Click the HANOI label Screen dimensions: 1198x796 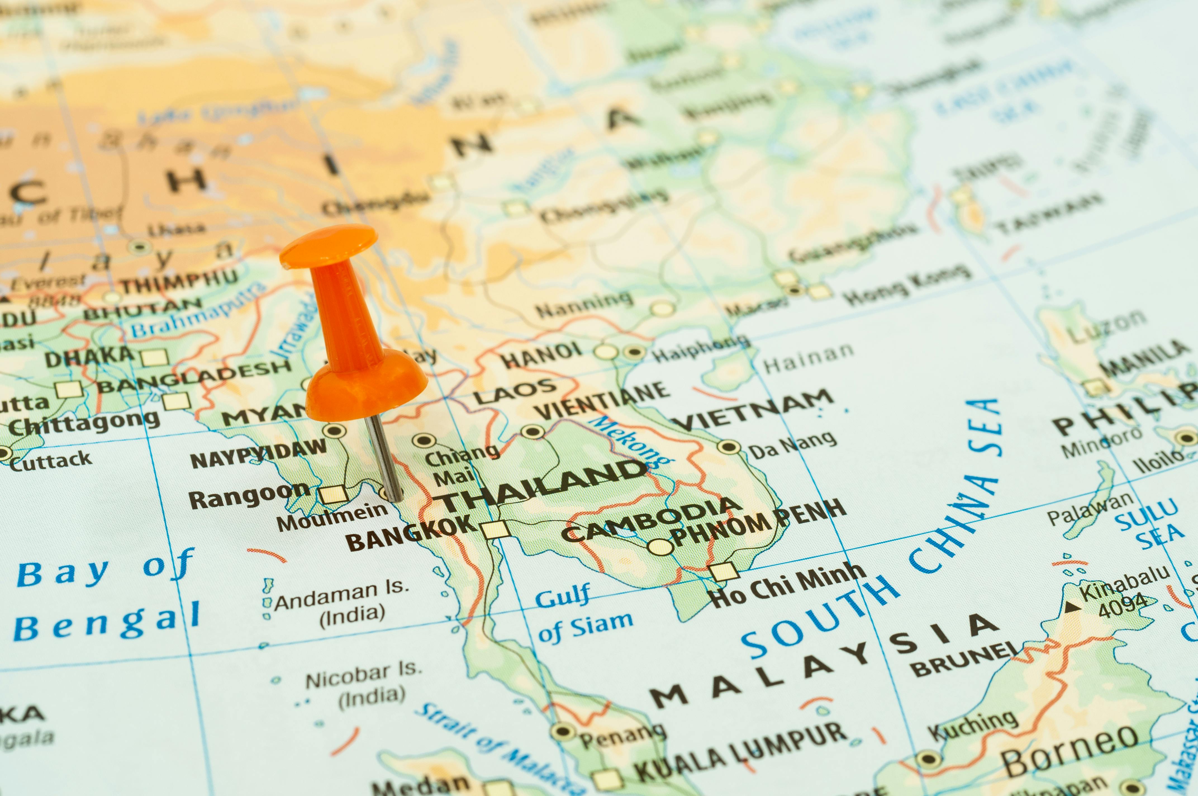click(542, 354)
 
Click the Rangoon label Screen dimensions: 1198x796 click(249, 496)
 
